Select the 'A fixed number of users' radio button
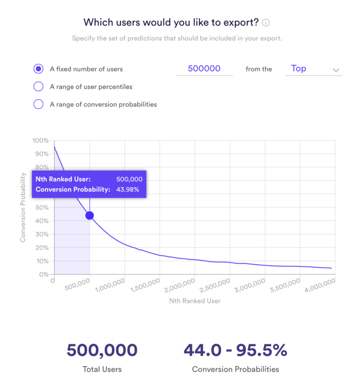tap(38, 69)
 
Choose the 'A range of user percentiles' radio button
tap(38, 87)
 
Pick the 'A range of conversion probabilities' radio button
tap(38, 104)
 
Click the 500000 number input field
tap(204, 69)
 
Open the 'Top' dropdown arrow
tap(336, 70)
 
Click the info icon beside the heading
tap(266, 23)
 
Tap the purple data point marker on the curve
tap(90, 215)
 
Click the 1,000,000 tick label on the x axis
tap(110, 284)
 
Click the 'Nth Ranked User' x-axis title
tap(195, 301)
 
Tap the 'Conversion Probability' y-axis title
tap(22, 207)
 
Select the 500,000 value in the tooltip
tap(129, 179)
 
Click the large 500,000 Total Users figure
tap(102, 350)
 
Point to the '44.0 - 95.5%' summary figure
tap(235, 350)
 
